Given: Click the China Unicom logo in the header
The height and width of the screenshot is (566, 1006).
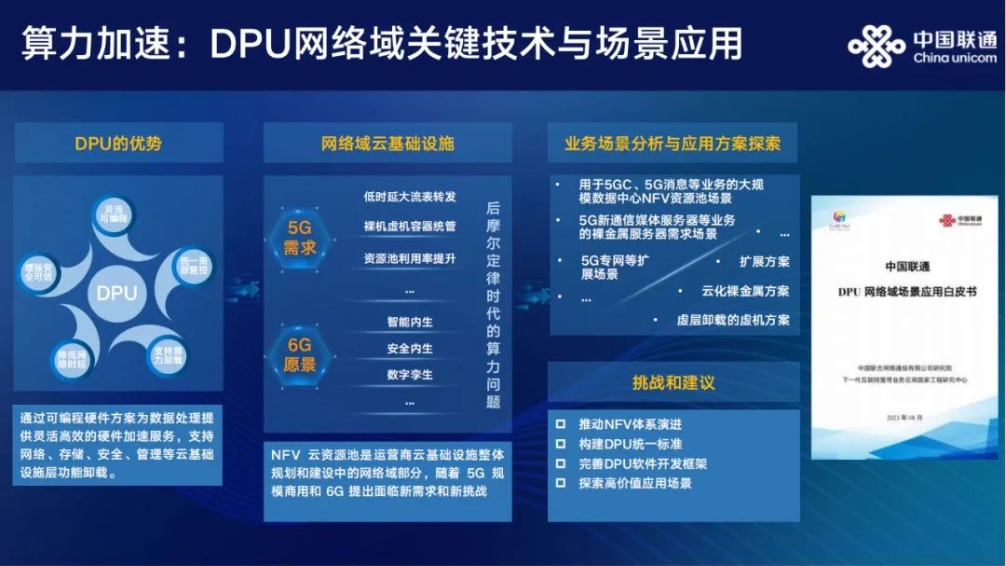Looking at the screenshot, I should coord(922,46).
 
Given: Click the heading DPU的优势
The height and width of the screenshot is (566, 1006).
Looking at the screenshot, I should coord(118,144).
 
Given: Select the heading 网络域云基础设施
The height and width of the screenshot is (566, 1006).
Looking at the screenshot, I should coord(387,144).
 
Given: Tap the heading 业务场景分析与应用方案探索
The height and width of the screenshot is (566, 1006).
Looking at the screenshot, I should coord(673,144).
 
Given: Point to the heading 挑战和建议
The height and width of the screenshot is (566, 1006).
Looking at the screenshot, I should coord(673,382).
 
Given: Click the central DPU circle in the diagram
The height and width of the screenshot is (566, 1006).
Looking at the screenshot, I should coord(117,293).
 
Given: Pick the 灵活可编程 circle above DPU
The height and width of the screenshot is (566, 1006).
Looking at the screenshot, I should coord(118,213).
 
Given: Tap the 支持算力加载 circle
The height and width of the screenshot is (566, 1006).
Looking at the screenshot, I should coord(169,353).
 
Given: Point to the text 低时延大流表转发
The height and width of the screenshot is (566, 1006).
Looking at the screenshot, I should coord(410,197).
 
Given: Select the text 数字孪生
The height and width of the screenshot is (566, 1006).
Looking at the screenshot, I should coord(410,375).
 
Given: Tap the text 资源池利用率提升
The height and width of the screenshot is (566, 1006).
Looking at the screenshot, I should coord(410,258).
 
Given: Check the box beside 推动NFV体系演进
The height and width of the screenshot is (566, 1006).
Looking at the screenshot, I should coord(560,424).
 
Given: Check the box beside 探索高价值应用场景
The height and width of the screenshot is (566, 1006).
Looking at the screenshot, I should coord(560,483).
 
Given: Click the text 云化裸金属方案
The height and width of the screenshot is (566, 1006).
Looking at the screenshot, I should coord(745,291).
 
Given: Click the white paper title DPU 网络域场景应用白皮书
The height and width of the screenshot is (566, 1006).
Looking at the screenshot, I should coord(906,292).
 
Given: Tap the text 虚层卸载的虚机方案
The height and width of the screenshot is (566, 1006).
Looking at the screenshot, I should coord(733,320).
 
